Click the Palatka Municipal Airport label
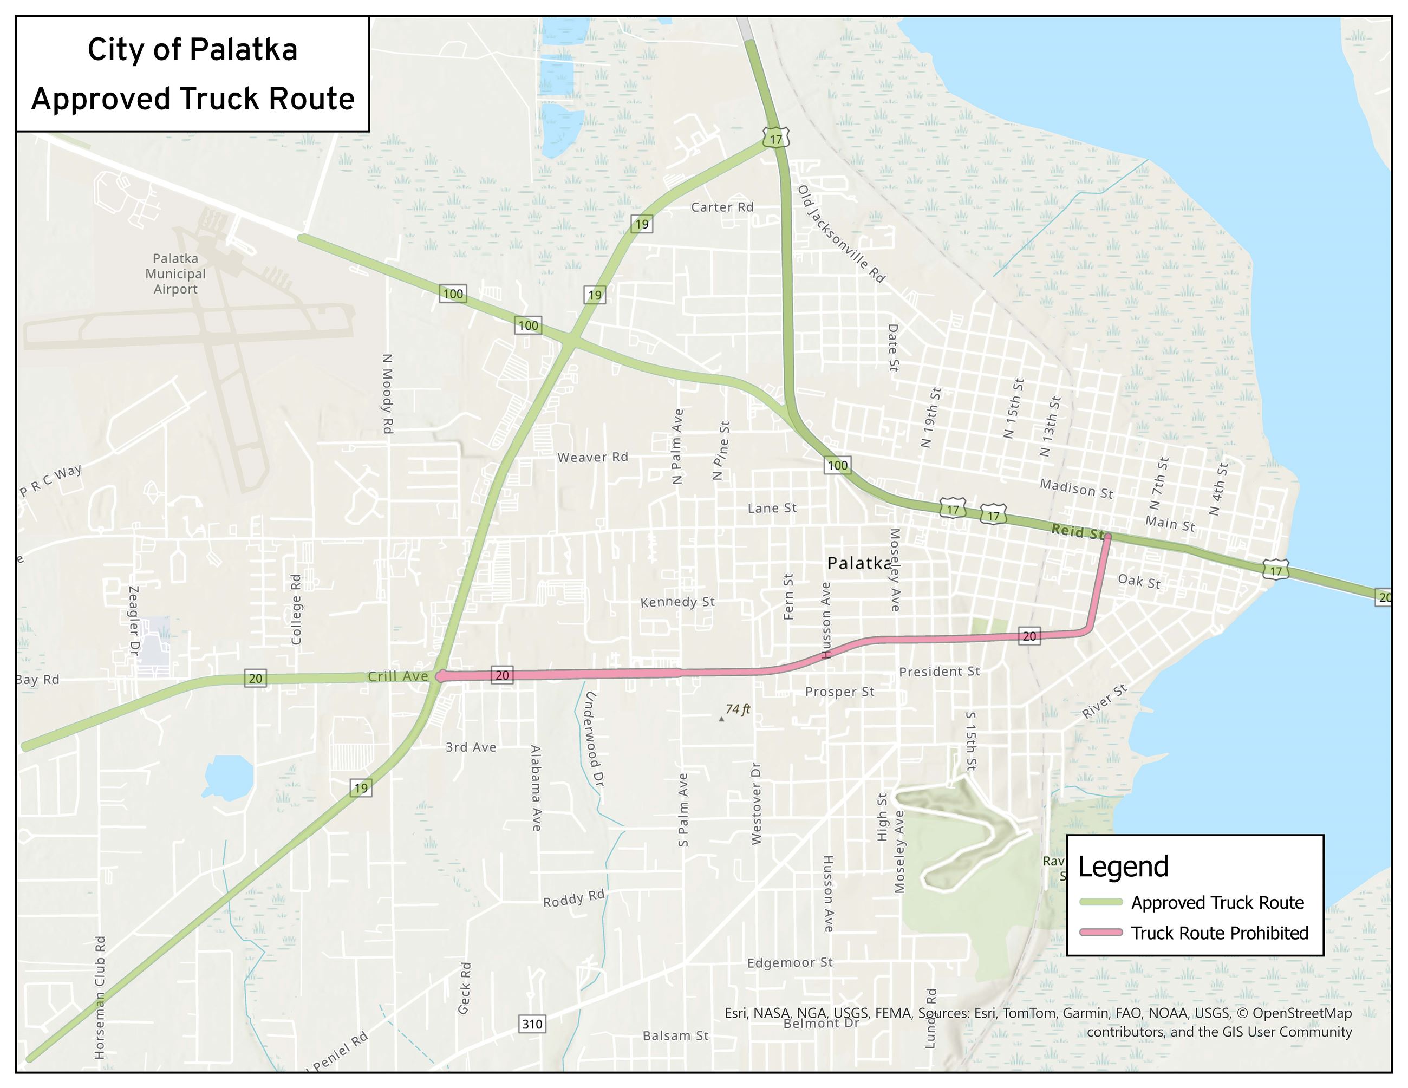175,274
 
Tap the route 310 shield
532,1024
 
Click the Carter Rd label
722,207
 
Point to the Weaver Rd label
592,457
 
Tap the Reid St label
1077,532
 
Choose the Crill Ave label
398,676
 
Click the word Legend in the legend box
1123,867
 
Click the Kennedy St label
677,602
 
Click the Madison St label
1076,488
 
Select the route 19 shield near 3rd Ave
361,787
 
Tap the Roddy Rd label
574,898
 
